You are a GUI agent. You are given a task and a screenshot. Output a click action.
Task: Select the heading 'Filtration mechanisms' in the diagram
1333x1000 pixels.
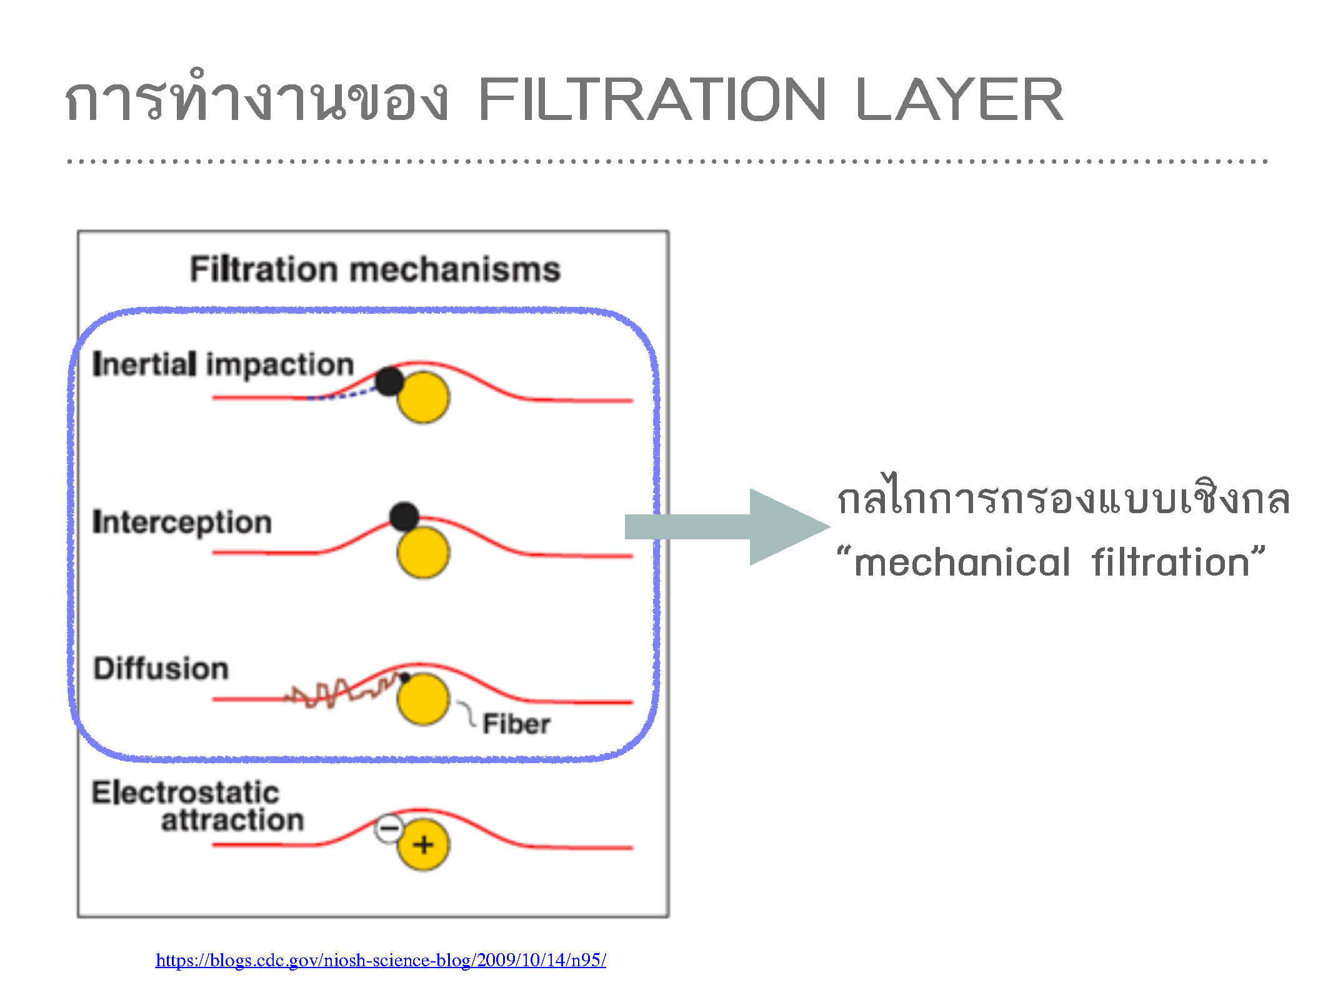tap(375, 269)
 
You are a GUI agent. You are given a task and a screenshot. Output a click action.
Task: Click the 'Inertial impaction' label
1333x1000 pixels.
tap(223, 364)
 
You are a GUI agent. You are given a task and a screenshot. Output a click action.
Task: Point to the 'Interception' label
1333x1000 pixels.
tap(182, 522)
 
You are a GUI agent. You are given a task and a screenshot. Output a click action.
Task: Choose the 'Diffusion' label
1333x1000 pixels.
tap(161, 668)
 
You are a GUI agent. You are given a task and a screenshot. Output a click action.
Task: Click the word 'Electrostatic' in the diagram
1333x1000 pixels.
tap(185, 792)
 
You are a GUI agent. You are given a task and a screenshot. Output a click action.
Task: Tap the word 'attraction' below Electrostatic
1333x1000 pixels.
tap(232, 820)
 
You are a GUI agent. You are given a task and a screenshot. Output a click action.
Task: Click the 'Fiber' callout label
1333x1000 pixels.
tap(516, 724)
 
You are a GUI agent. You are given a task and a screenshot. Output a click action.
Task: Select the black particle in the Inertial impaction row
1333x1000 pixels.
tap(389, 381)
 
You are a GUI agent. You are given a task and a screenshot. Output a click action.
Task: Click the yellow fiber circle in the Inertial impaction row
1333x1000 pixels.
tap(424, 397)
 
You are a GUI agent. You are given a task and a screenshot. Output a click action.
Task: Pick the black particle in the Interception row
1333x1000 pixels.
tap(404, 516)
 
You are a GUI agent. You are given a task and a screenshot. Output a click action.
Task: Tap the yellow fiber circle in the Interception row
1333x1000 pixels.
tap(424, 552)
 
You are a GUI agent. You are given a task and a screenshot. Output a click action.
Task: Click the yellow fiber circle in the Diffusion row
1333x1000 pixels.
tap(424, 699)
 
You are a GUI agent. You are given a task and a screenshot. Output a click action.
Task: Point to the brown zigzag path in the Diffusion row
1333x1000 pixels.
tap(342, 691)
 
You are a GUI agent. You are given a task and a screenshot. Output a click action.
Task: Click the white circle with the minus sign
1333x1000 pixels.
tap(389, 829)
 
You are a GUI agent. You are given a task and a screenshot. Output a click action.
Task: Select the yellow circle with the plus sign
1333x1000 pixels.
tap(424, 845)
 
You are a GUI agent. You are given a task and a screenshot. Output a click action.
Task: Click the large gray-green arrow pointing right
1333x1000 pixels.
tap(727, 527)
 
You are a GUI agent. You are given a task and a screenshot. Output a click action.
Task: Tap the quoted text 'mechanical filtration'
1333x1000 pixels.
tap(1051, 561)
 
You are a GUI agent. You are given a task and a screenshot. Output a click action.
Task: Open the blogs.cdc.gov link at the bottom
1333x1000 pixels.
tap(381, 960)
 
